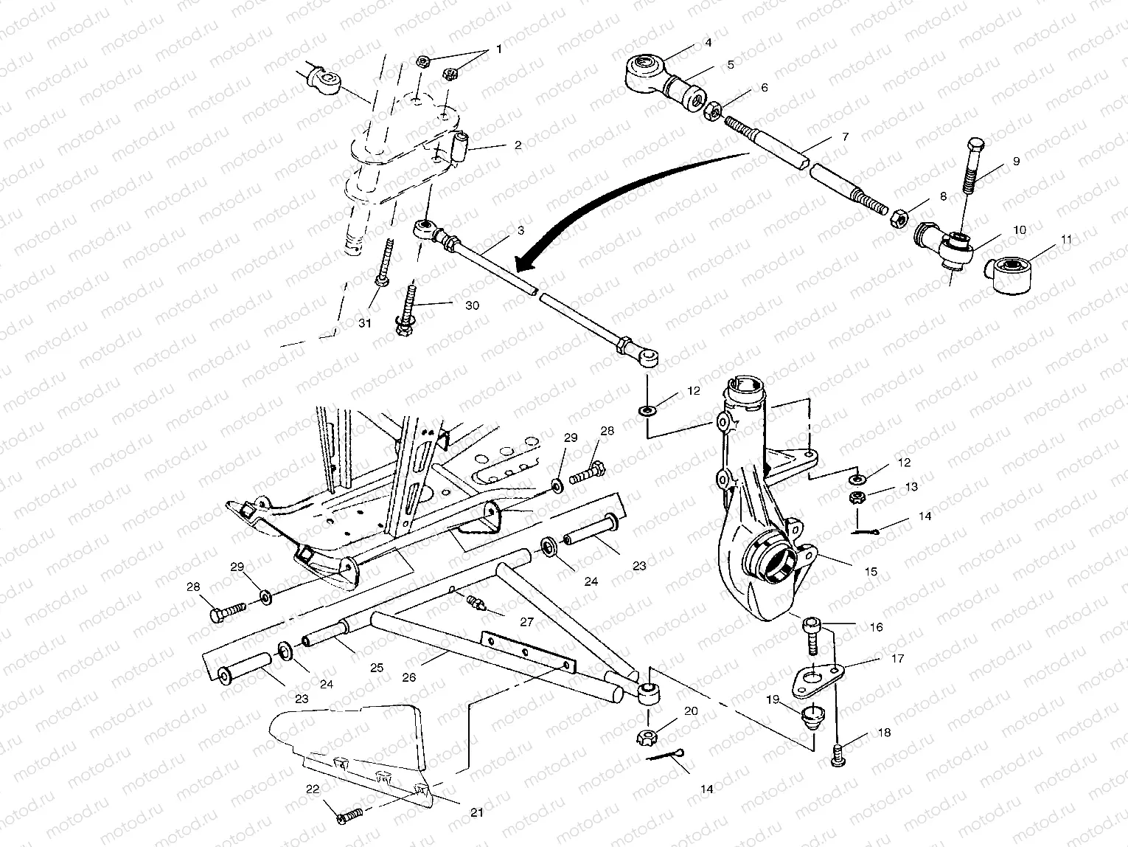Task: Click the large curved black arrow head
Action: pyautogui.click(x=525, y=263)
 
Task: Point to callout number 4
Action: pyautogui.click(x=708, y=43)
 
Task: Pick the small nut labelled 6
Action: pyautogui.click(x=712, y=113)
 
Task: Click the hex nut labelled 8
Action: pyautogui.click(x=899, y=218)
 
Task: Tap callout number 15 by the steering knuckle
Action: pyautogui.click(x=871, y=572)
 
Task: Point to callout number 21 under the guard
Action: pyautogui.click(x=477, y=812)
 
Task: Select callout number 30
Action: pyautogui.click(x=472, y=305)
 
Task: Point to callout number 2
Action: pyautogui.click(x=518, y=145)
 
